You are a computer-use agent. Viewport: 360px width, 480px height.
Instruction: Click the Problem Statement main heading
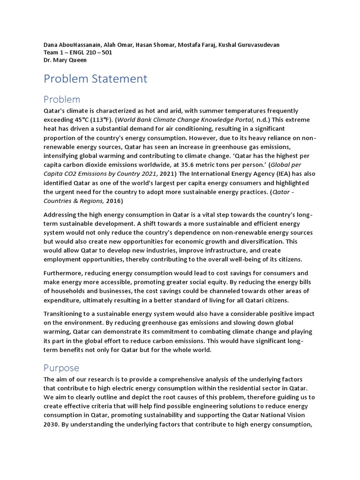[95, 79]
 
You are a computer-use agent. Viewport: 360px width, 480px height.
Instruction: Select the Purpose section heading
[61, 367]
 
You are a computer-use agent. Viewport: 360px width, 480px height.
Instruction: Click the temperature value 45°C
[81, 120]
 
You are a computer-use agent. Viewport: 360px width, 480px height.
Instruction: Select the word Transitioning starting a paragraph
[67, 313]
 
